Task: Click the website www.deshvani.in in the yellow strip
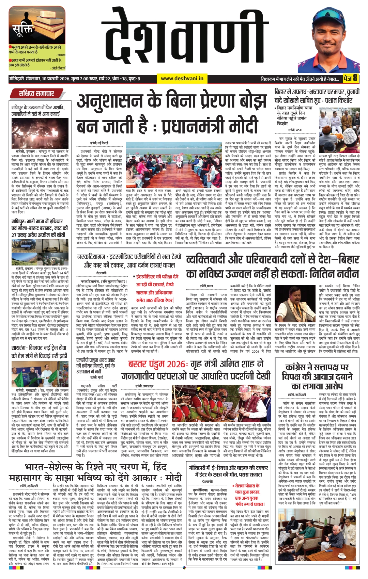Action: coord(182,79)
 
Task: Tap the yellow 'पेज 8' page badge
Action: coord(350,78)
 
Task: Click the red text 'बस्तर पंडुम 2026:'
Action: coord(157,364)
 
